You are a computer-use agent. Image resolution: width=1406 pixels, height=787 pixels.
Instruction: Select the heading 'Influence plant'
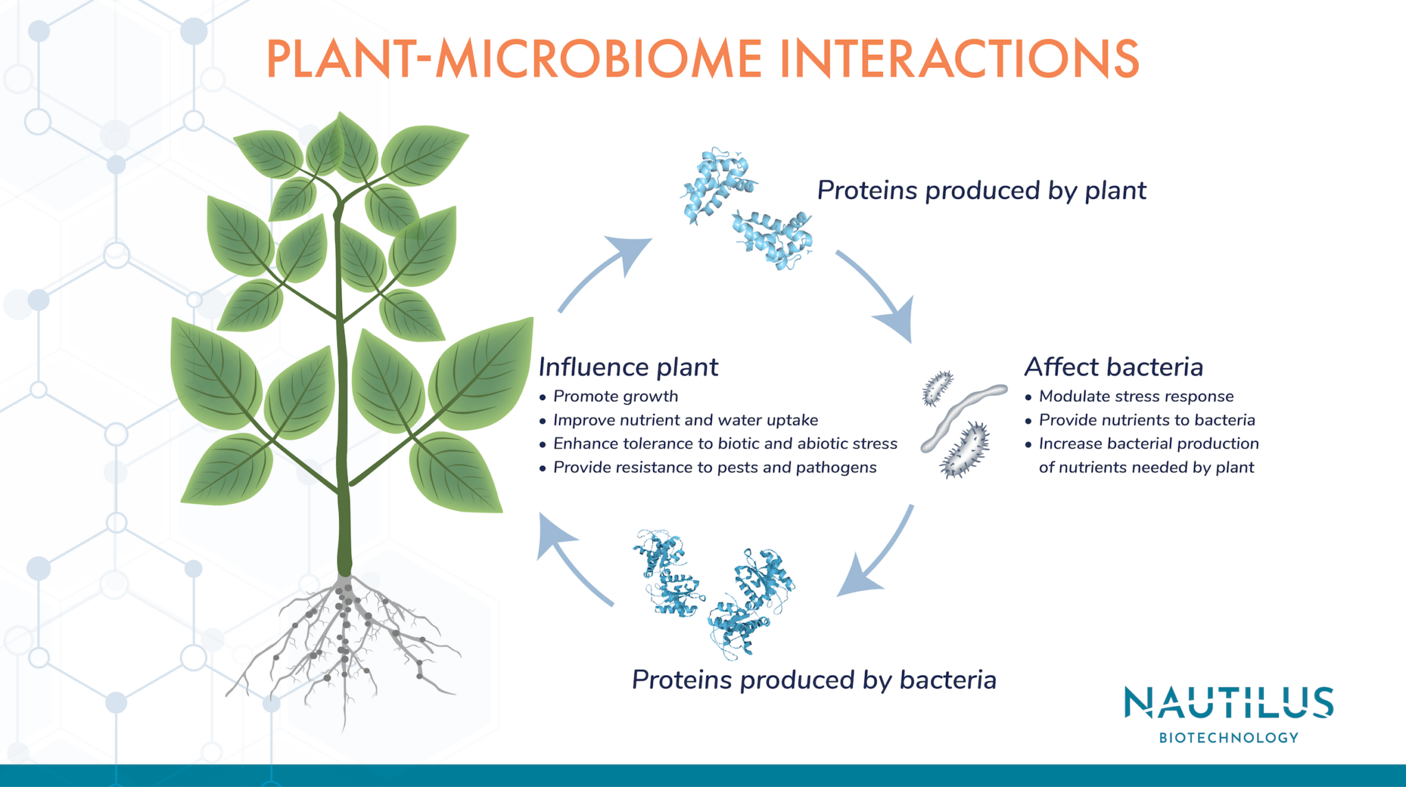[x=627, y=367]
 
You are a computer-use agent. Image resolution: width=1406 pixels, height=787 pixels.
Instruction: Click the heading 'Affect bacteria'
[x=1114, y=367]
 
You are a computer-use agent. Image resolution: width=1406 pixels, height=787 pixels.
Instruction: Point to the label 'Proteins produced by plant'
[x=981, y=191]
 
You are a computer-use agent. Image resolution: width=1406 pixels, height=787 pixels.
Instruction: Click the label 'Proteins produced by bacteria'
[x=814, y=680]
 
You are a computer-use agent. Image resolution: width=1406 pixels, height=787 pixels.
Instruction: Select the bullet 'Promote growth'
[x=615, y=397]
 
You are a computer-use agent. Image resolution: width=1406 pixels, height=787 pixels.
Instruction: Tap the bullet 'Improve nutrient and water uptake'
[x=685, y=420]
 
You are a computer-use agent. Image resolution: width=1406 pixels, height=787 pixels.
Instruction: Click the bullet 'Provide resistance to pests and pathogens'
[x=714, y=467]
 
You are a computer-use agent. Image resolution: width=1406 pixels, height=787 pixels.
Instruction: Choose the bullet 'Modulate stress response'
[x=1136, y=397]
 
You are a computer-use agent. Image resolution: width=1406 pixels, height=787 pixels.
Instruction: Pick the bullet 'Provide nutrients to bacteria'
[x=1146, y=420]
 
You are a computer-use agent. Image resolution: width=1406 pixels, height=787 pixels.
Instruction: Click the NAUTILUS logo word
[x=1228, y=703]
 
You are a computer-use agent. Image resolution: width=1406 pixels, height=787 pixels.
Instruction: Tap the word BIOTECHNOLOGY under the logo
[x=1228, y=738]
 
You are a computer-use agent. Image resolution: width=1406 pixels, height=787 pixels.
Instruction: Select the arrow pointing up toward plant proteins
[x=604, y=271]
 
